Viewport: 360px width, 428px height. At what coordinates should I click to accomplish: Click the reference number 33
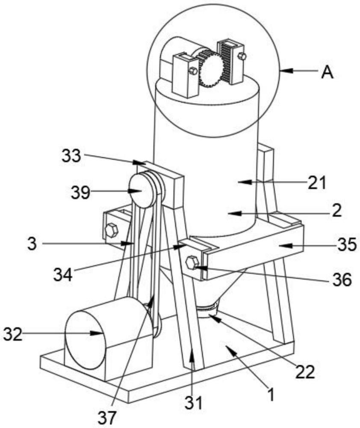pos(71,156)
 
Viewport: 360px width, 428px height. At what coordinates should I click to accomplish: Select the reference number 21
pos(316,183)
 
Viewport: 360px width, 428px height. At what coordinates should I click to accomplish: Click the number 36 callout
pos(341,281)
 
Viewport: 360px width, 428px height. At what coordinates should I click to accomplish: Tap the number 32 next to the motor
pos(13,333)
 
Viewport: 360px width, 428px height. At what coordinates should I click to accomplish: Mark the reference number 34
pos(63,273)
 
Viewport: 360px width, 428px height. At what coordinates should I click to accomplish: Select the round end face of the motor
pos(85,339)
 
